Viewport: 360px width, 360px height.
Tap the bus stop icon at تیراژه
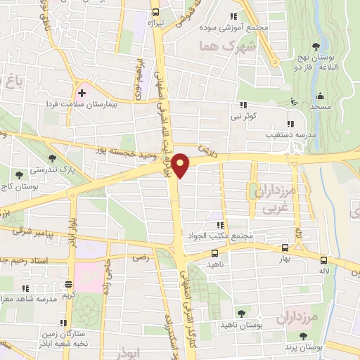point(156,12)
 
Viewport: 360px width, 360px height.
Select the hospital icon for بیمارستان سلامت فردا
point(82,92)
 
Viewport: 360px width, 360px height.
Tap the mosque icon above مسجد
point(321,96)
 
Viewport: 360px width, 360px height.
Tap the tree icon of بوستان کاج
point(19,174)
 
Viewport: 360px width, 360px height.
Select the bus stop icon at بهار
point(285,248)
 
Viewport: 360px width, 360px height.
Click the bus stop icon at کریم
point(67,285)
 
